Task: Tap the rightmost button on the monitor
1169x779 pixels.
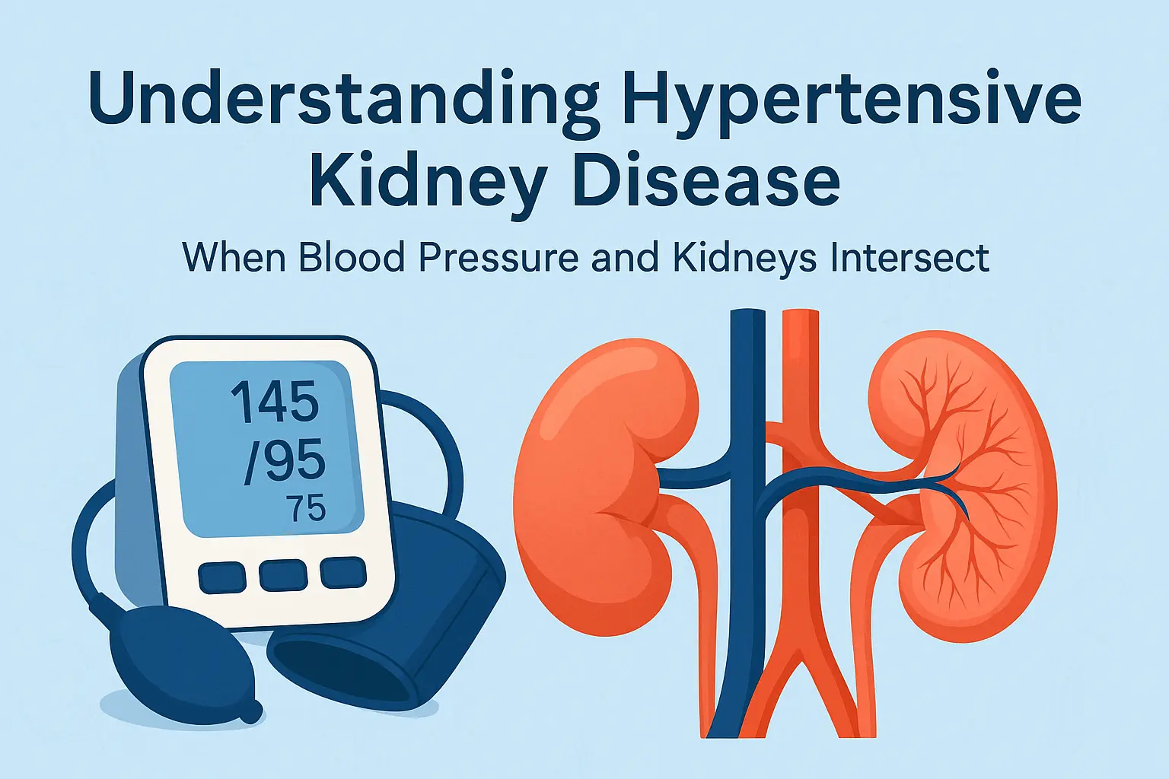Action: [343, 572]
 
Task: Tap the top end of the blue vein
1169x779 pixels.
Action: [747, 311]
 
